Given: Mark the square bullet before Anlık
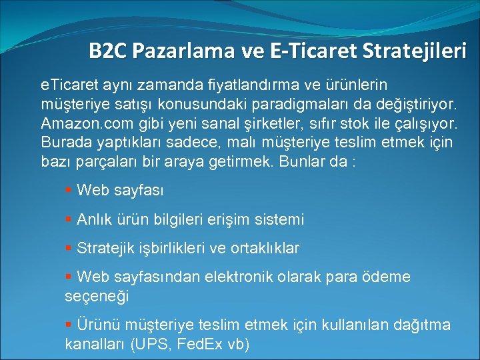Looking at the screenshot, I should [x=69, y=219].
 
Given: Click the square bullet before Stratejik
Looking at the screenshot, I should [x=69, y=248].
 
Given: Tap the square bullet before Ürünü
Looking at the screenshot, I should [x=69, y=324].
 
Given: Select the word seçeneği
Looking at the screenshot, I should [x=96, y=295].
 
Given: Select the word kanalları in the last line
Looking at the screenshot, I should [x=95, y=344].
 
